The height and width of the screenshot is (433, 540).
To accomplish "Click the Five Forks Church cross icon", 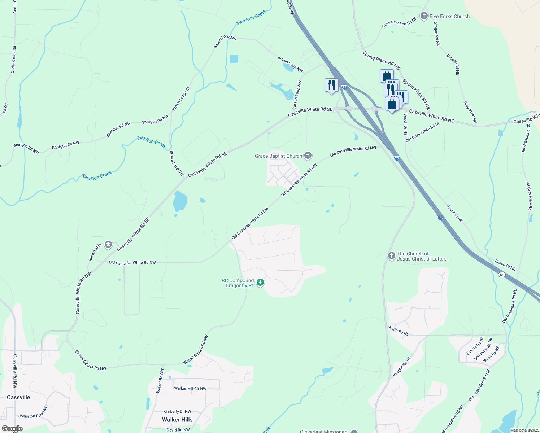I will click(424, 16).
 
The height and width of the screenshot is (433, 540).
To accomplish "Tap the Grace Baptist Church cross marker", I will click(308, 156).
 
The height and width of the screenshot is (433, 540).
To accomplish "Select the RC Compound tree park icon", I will click(260, 283).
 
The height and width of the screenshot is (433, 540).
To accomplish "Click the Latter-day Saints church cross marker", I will click(391, 256).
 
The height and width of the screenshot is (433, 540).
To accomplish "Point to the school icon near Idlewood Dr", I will click(108, 245).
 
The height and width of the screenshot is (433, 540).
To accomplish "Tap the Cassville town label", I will click(18, 397).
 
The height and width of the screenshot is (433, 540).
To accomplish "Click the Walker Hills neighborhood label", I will click(177, 420).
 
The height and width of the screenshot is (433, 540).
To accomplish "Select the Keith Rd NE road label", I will click(399, 331).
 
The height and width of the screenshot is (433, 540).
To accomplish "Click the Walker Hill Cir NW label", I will click(190, 389).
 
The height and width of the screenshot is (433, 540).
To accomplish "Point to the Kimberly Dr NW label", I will click(177, 411).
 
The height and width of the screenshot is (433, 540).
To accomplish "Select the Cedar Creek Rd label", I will click(13, 60).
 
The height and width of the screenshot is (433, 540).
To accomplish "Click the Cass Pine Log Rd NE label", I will click(399, 22).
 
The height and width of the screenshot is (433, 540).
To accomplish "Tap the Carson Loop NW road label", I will click(297, 95).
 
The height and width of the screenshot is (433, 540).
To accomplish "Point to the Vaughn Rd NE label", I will click(402, 367).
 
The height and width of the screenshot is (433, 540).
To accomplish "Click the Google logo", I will click(12, 428).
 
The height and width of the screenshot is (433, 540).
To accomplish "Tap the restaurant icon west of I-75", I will click(331, 86).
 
